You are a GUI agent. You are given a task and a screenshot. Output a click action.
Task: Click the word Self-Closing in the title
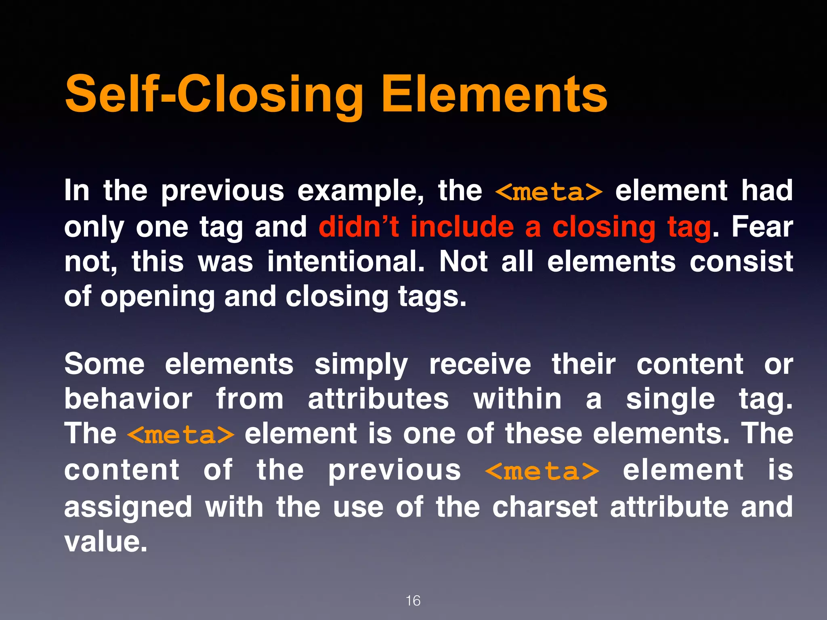214,94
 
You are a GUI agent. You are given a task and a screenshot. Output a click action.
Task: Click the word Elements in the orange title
494,94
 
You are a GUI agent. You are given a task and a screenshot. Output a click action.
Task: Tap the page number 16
413,601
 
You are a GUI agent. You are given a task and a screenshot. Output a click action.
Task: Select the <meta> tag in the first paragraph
549,191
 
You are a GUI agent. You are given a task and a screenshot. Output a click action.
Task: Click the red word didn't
359,226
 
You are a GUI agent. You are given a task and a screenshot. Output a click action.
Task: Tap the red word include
462,226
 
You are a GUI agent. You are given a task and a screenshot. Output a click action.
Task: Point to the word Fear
762,226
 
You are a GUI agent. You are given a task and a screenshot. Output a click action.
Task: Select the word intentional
346,262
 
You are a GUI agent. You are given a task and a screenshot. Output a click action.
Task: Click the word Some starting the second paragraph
105,364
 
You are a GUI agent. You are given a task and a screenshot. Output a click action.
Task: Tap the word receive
480,364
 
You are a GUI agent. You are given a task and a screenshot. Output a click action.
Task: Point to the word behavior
128,399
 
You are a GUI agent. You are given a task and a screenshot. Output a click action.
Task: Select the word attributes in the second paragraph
378,399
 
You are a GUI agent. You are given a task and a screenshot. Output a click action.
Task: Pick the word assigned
128,507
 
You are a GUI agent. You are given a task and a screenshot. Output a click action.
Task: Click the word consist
741,262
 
